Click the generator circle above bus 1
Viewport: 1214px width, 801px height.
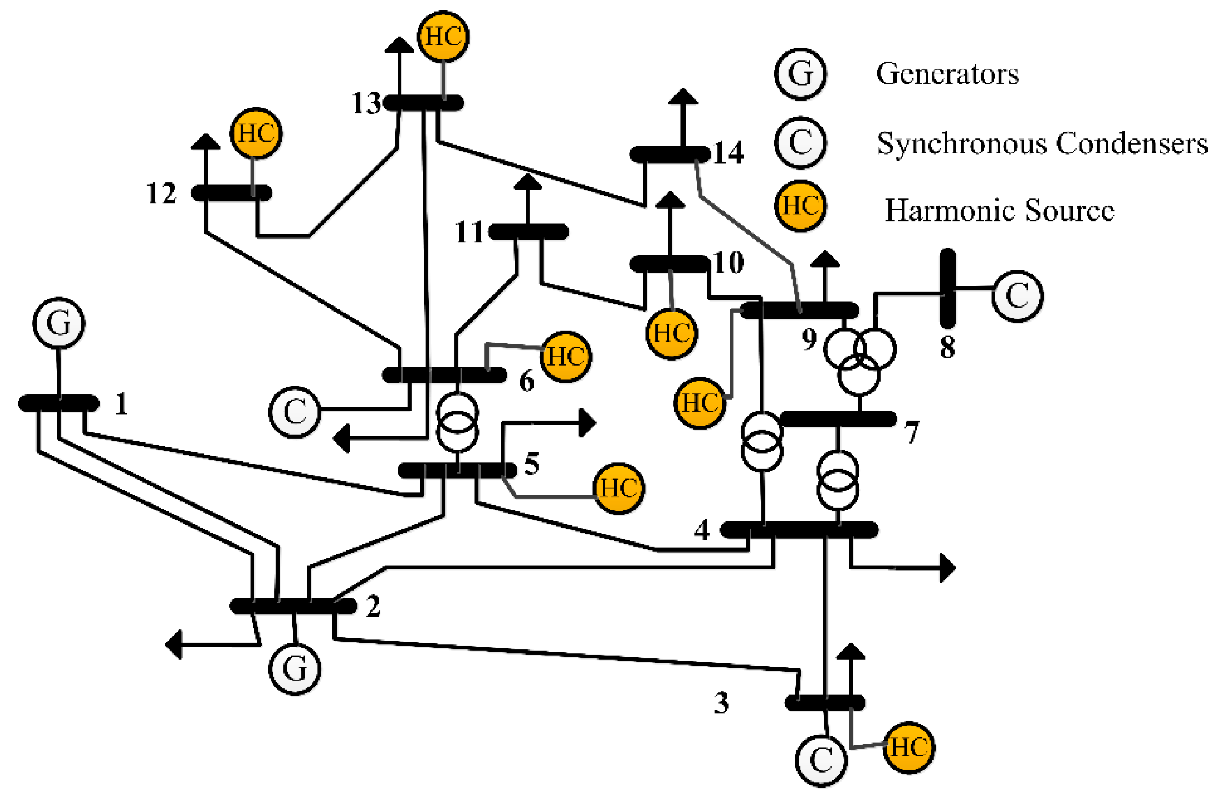(59, 323)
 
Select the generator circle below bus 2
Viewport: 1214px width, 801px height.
(295, 669)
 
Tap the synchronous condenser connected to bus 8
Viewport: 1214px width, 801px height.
(1017, 296)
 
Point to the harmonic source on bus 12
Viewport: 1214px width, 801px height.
(256, 133)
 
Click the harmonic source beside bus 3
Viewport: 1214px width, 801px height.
(909, 748)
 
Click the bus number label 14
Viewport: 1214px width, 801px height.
(728, 152)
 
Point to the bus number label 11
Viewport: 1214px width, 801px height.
(469, 232)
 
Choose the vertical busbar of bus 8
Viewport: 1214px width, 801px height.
(948, 289)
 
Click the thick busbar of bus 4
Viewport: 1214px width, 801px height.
(799, 530)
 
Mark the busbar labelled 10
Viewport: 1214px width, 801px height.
(669, 264)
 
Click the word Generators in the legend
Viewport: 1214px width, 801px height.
(947, 75)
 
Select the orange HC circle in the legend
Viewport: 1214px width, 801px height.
(801, 206)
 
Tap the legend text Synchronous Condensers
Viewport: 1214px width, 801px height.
(1042, 144)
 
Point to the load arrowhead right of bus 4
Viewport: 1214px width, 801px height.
(948, 567)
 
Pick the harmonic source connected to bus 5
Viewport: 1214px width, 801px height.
(618, 488)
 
